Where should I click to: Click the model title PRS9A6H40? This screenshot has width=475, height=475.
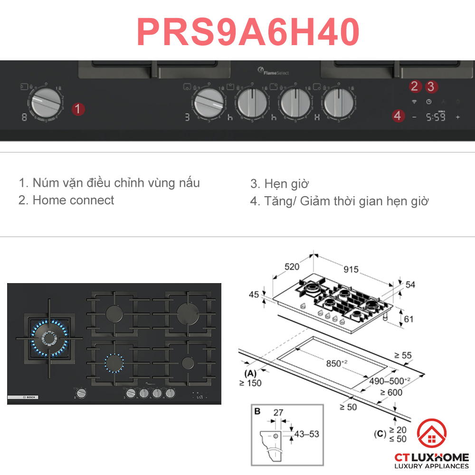tap(248, 32)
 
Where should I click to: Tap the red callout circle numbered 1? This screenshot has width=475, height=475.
tap(78, 109)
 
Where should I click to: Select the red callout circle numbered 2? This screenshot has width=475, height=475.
tap(415, 86)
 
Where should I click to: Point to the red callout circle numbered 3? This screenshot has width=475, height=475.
tap(431, 86)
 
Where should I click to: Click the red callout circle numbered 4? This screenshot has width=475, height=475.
tap(398, 115)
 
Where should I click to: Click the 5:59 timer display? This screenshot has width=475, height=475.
tap(436, 117)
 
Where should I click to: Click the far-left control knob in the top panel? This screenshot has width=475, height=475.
tap(46, 103)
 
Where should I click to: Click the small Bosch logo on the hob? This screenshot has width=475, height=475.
tap(23, 397)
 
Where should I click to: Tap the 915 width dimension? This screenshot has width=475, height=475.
tap(351, 269)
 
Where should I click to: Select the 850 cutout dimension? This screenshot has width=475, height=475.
tap(335, 363)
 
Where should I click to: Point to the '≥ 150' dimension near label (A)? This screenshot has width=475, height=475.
tap(250, 383)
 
